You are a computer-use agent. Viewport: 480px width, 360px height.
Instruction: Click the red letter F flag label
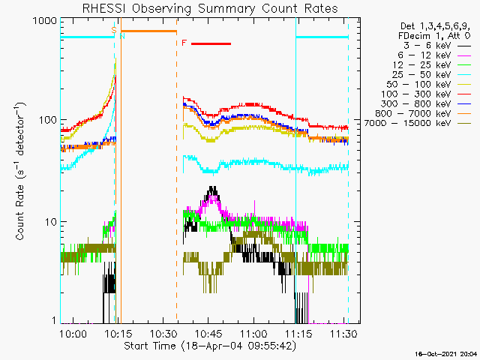point(184,43)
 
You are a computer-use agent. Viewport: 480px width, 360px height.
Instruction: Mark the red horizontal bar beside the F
point(211,43)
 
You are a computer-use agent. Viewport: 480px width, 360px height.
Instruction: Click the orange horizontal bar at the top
point(148,31)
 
